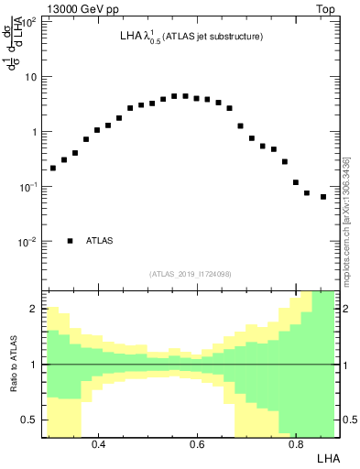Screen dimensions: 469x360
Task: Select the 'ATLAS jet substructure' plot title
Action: (191, 37)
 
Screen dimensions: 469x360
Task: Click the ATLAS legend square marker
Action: (70, 241)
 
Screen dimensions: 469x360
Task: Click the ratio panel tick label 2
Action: (33, 310)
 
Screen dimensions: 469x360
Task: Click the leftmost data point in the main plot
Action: (53, 168)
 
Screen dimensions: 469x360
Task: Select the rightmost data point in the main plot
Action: (323, 197)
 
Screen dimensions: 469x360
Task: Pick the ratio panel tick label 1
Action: (33, 365)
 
